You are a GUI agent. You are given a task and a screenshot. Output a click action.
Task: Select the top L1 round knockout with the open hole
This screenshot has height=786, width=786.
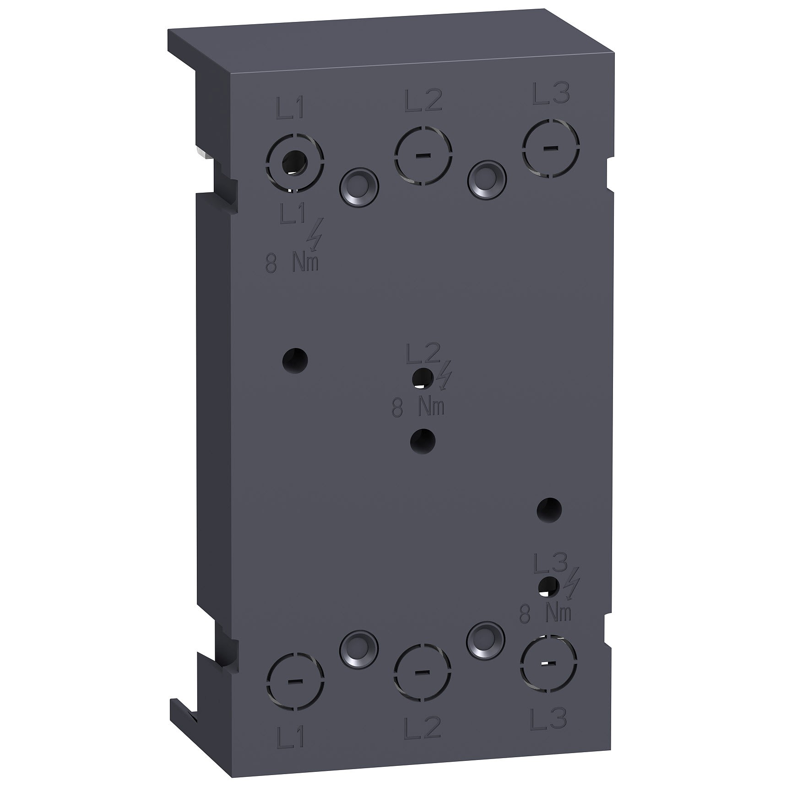(x=295, y=162)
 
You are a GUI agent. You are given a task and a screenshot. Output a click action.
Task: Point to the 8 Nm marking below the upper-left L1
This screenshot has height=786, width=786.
(x=293, y=265)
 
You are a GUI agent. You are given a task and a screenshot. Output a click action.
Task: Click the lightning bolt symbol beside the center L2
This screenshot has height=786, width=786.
(x=444, y=377)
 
